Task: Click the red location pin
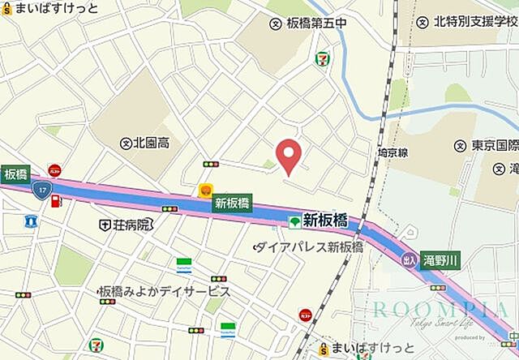(x=289, y=155)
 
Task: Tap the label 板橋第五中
(x=317, y=23)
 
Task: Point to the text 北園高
(x=152, y=144)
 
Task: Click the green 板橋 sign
(x=15, y=174)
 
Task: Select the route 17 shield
(x=40, y=189)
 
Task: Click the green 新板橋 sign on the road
(x=233, y=204)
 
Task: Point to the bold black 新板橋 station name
(x=325, y=220)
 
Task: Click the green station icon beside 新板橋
(x=294, y=221)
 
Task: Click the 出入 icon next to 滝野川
(x=410, y=259)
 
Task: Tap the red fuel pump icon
(x=56, y=201)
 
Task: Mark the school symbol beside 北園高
(x=126, y=144)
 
